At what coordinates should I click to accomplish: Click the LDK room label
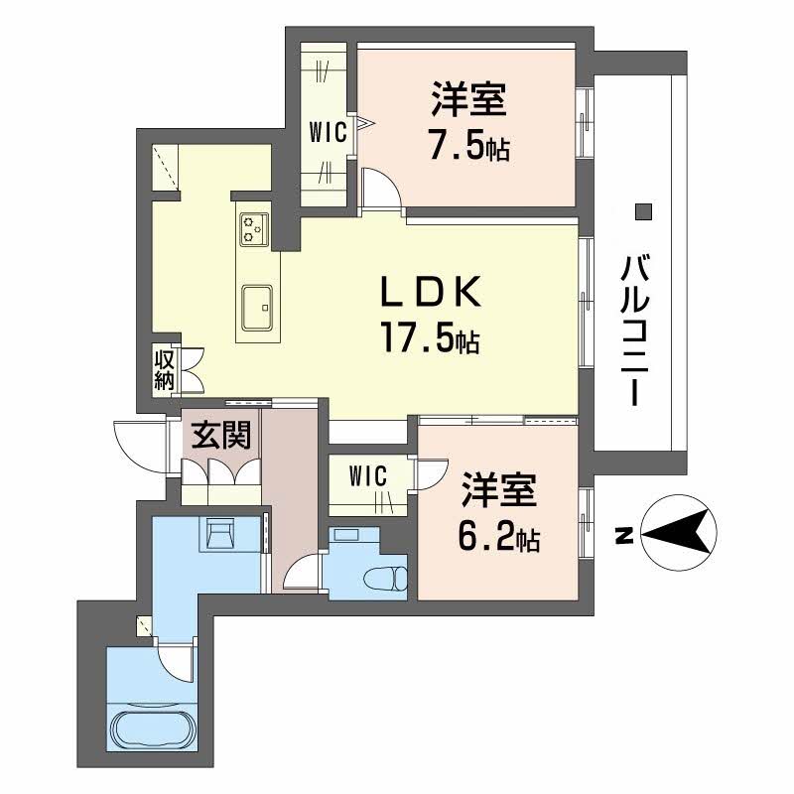click(433, 294)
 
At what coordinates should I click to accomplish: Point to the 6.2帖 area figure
click(498, 537)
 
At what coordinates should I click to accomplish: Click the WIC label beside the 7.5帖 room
click(327, 133)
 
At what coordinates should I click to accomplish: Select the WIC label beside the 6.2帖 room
click(366, 476)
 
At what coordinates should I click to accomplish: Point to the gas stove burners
click(254, 229)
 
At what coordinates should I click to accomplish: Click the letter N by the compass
click(622, 536)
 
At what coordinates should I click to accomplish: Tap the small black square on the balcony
click(643, 210)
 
